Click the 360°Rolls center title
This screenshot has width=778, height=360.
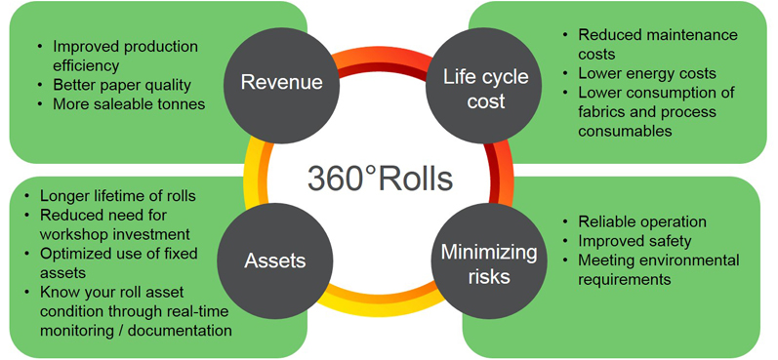pos(380,178)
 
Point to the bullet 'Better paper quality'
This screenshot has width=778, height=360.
pos(122,84)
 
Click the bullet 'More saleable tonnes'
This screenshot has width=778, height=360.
pos(129,102)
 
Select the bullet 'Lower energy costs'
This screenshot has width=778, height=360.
pos(646,73)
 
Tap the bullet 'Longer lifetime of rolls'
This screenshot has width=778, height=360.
pos(119,195)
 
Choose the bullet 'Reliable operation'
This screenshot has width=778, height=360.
pos(642,221)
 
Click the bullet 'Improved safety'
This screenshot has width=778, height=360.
pos(635,241)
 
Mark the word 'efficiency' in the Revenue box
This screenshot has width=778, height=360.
pos(86,65)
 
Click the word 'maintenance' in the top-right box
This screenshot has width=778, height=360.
pos(689,35)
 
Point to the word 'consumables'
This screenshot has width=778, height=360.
pos(625,131)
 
